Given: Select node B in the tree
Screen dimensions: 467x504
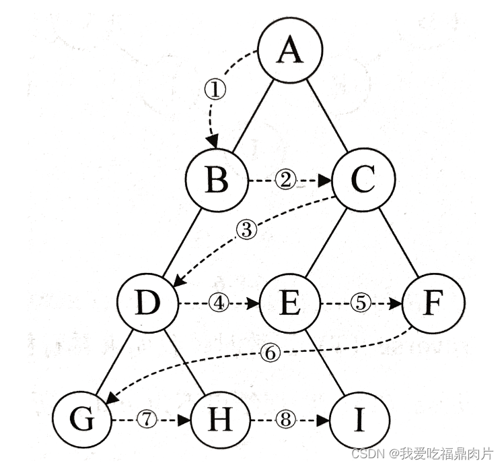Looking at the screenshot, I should (218, 181).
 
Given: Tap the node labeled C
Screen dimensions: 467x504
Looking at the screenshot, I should (364, 181).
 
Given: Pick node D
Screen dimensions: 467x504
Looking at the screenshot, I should (147, 304).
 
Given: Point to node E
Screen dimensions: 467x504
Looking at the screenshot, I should (289, 304).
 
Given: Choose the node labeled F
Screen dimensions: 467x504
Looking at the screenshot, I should (433, 304).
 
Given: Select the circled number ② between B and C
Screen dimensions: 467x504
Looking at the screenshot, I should (285, 181).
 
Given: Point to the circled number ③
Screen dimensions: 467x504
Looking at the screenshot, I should (247, 230).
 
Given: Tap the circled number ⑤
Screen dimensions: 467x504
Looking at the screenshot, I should (361, 304).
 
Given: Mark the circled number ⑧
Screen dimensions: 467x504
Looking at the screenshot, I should (286, 420).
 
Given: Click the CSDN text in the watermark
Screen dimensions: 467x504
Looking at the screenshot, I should (367, 452).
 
